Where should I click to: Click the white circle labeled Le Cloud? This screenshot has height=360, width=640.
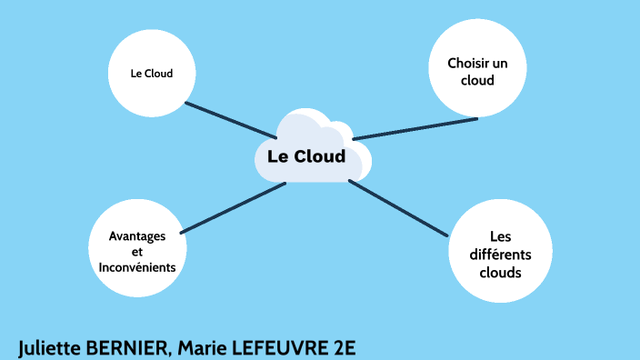pyautogui.click(x=152, y=74)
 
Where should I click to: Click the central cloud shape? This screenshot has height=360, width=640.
pyautogui.click(x=310, y=150)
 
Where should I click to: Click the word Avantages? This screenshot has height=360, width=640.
pyautogui.click(x=136, y=235)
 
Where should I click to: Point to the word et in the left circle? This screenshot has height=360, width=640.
pyautogui.click(x=137, y=252)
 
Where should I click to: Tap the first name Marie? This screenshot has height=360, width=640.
pyautogui.click(x=201, y=347)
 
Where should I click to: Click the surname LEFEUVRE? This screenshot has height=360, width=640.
pyautogui.click(x=276, y=347)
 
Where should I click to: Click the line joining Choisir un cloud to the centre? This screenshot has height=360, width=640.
pyautogui.click(x=415, y=128)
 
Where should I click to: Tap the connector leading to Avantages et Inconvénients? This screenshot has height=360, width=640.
pyautogui.click(x=235, y=207)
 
